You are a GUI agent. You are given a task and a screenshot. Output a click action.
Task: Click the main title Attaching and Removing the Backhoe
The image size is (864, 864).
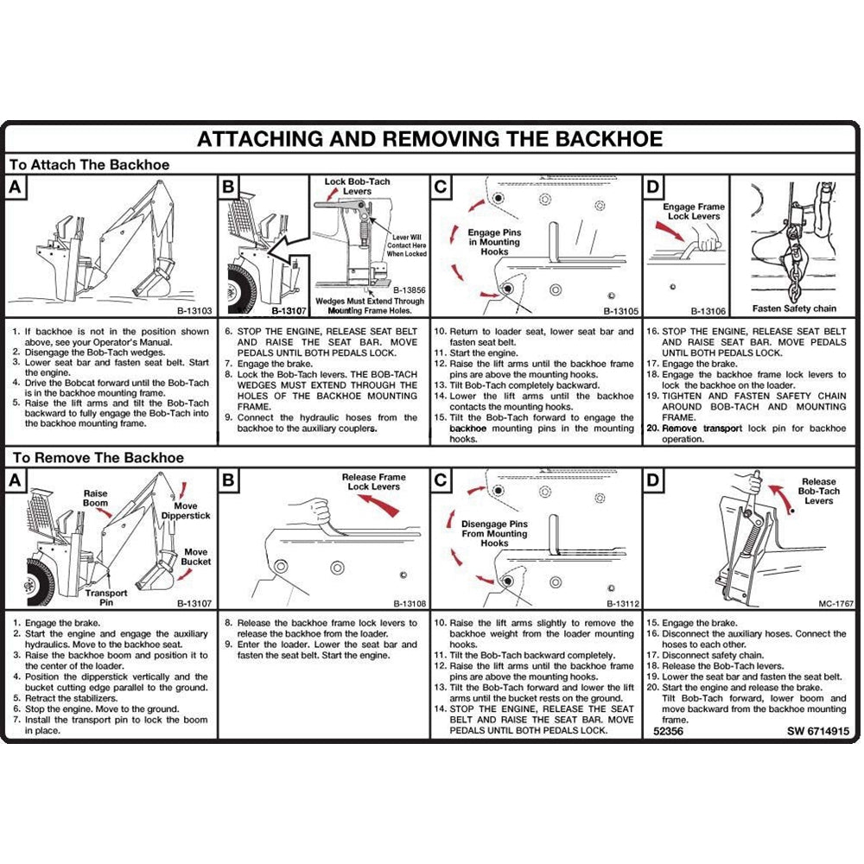[429, 139]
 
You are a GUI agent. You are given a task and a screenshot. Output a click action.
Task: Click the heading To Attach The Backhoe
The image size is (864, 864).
[88, 164]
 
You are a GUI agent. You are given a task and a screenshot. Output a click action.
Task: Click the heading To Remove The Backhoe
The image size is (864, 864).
[96, 458]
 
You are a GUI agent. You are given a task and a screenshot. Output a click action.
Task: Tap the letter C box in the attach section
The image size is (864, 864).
[441, 187]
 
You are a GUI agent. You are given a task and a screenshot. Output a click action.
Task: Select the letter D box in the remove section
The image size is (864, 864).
[653, 480]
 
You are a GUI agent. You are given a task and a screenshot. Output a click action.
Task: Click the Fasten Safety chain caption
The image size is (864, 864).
[794, 308]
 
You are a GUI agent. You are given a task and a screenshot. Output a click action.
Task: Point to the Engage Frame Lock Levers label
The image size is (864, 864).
[694, 212]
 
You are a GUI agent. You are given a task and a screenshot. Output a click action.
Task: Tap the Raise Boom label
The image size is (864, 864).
[96, 499]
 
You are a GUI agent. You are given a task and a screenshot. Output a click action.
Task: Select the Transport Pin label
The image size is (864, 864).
[106, 598]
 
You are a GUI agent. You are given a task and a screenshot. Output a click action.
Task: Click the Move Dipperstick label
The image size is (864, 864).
[185, 511]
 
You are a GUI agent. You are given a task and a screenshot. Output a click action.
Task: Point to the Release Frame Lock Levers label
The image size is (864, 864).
[372, 481]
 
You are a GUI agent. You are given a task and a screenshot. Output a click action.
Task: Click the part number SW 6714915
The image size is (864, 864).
[817, 731]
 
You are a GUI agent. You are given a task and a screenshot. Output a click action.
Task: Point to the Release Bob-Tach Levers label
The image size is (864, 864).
[818, 492]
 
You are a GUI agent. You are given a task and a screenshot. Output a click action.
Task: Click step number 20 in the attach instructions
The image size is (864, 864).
[653, 429]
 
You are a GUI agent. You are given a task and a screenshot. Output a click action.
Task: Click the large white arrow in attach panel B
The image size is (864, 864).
[288, 251]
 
